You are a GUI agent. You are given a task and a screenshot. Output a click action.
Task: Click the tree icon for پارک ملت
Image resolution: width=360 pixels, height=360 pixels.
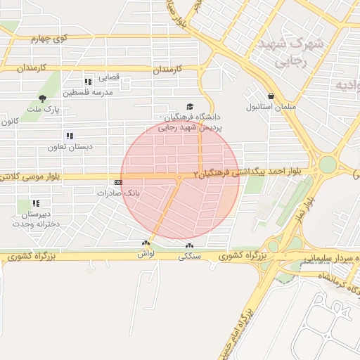44,98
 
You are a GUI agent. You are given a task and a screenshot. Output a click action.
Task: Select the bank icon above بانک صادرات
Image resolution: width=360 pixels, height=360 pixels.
117,182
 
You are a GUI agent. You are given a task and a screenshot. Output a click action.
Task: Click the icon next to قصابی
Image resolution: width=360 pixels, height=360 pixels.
88,81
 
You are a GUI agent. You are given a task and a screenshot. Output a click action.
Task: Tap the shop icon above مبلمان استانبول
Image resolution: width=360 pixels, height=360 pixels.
271,96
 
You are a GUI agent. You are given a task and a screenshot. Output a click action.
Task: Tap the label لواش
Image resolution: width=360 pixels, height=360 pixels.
146,254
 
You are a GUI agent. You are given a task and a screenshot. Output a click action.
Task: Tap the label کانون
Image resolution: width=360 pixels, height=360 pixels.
9,122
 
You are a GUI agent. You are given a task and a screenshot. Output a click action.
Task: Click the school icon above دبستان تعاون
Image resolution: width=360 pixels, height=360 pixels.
70,135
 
